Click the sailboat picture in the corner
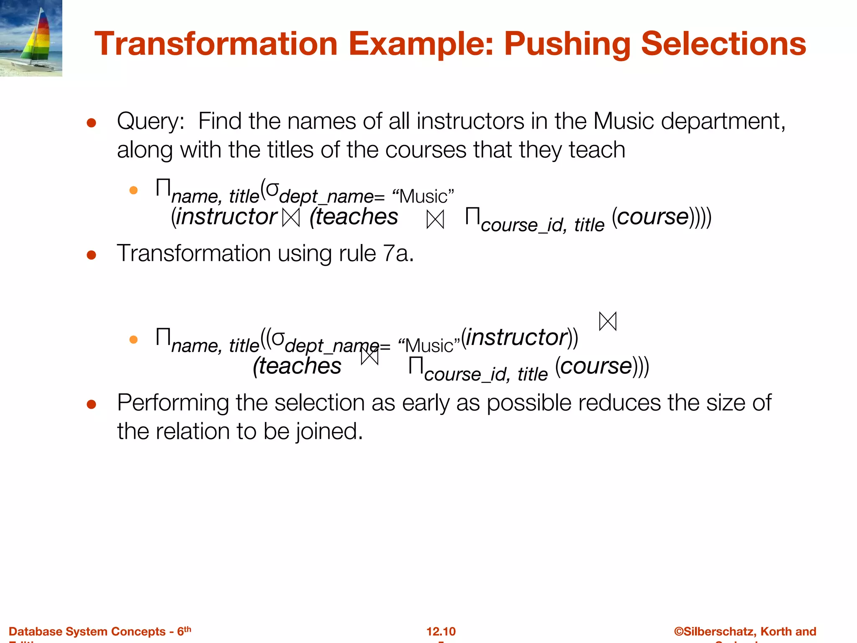(31, 38)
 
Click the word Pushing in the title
(567, 44)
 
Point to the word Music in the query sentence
(623, 121)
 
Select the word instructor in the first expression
(226, 217)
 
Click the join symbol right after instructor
(291, 218)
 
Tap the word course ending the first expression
(652, 217)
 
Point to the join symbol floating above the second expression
(608, 321)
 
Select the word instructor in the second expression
(516, 337)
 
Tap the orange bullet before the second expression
(133, 340)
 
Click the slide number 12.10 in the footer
(441, 631)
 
